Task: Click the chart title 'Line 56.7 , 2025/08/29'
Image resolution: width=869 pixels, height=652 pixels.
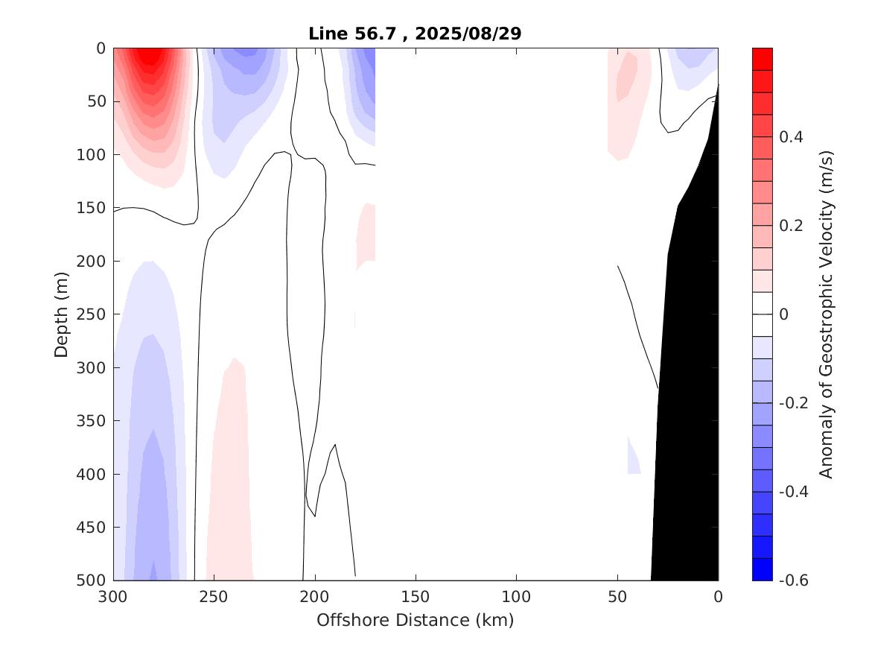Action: (x=416, y=34)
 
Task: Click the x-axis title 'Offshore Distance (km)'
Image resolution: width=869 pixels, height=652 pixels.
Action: (x=416, y=620)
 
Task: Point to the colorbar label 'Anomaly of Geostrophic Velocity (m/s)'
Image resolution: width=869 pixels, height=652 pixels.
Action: (x=826, y=314)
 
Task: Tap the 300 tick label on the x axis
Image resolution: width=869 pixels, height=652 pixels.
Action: (x=114, y=597)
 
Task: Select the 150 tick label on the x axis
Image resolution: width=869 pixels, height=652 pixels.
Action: (x=416, y=597)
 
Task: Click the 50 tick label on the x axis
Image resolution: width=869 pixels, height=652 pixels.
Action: (x=617, y=597)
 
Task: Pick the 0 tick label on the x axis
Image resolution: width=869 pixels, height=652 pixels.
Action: (x=718, y=597)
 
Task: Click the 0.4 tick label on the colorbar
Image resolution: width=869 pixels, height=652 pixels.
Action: (x=790, y=137)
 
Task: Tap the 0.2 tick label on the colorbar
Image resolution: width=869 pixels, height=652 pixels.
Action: (x=790, y=226)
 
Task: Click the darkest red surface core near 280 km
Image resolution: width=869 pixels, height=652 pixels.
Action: (x=151, y=55)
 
